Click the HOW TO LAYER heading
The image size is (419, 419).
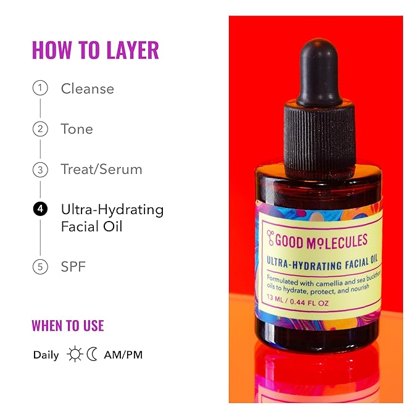tap(95, 50)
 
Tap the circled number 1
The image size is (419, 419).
tap(40, 88)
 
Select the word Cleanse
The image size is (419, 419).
tap(87, 89)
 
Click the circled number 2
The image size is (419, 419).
tap(40, 129)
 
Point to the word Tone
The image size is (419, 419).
tap(77, 129)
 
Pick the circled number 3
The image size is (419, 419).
tap(40, 169)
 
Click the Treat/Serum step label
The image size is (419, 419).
tap(101, 169)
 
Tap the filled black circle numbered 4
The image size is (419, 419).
tap(40, 209)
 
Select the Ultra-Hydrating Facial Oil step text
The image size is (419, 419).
tap(112, 217)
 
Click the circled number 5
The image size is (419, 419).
tap(40, 267)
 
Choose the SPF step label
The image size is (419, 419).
tap(73, 267)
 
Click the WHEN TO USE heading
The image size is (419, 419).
tap(68, 325)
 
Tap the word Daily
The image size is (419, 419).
tap(46, 355)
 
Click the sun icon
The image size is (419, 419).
tap(75, 354)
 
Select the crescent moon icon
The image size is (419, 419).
tap(92, 354)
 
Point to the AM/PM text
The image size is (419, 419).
tap(123, 355)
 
